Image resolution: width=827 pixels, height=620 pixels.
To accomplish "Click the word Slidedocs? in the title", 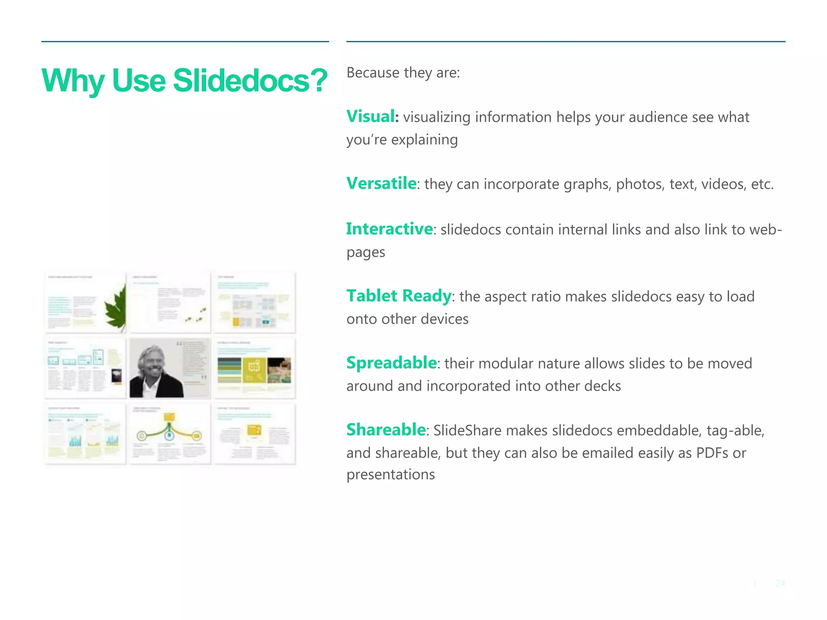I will click(250, 80).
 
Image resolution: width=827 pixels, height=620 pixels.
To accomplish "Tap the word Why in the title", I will click(73, 80).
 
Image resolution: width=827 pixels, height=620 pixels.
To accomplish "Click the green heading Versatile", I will click(381, 184).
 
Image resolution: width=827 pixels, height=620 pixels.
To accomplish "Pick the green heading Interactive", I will click(389, 229).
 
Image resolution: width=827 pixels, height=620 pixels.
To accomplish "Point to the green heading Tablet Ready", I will click(399, 296).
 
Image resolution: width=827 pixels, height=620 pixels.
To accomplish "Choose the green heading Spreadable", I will click(391, 363).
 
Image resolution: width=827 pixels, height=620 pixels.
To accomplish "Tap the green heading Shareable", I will click(386, 430).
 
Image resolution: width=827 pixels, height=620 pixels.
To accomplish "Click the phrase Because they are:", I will click(403, 73).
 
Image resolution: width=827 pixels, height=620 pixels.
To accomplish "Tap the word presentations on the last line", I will click(390, 475).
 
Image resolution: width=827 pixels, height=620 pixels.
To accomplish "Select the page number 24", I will click(780, 583).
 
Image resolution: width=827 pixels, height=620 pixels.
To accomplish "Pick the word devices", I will click(444, 319).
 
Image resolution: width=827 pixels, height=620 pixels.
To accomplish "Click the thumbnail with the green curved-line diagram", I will click(169, 434).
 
